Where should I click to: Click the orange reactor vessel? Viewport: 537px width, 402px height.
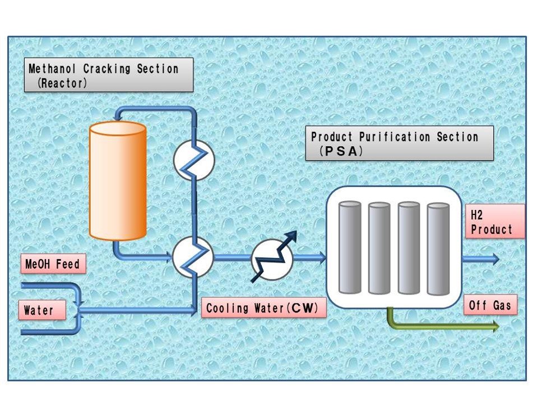coord(118,180)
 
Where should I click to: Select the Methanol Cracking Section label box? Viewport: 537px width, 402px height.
coord(110,76)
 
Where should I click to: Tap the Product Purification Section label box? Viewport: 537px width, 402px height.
coord(399,143)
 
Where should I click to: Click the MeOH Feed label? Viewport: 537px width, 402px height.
coord(53,264)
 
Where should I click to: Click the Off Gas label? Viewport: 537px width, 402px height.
coord(489,306)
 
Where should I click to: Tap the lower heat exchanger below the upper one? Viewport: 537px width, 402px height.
coord(193,256)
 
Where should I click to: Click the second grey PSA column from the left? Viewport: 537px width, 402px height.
coord(379,247)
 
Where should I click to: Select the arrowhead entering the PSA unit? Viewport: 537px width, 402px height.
coord(321,258)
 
